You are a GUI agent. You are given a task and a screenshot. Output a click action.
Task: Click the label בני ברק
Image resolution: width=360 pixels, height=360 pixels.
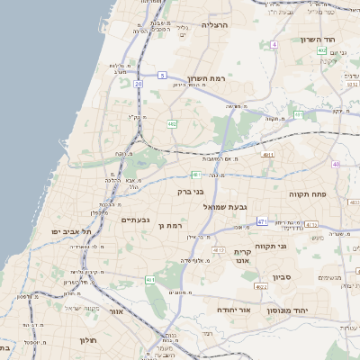pos(190,192)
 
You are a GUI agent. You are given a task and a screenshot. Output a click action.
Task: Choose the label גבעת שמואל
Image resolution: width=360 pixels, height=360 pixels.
pos(214,207)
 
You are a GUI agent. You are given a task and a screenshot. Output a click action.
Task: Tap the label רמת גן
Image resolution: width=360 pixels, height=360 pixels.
pos(170,225)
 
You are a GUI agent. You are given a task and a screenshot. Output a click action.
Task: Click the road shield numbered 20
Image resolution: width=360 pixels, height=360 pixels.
pos(139,84)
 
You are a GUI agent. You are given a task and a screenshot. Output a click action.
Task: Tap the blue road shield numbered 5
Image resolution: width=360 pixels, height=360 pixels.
pos(161,76)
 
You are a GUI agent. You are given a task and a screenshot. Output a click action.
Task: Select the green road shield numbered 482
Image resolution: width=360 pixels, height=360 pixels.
pos(171,123)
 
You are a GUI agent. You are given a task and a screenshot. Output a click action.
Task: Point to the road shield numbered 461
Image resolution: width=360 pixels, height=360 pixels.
pos(149,280)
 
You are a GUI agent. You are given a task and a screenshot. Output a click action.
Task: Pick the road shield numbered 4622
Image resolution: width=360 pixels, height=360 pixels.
pos(261,286)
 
